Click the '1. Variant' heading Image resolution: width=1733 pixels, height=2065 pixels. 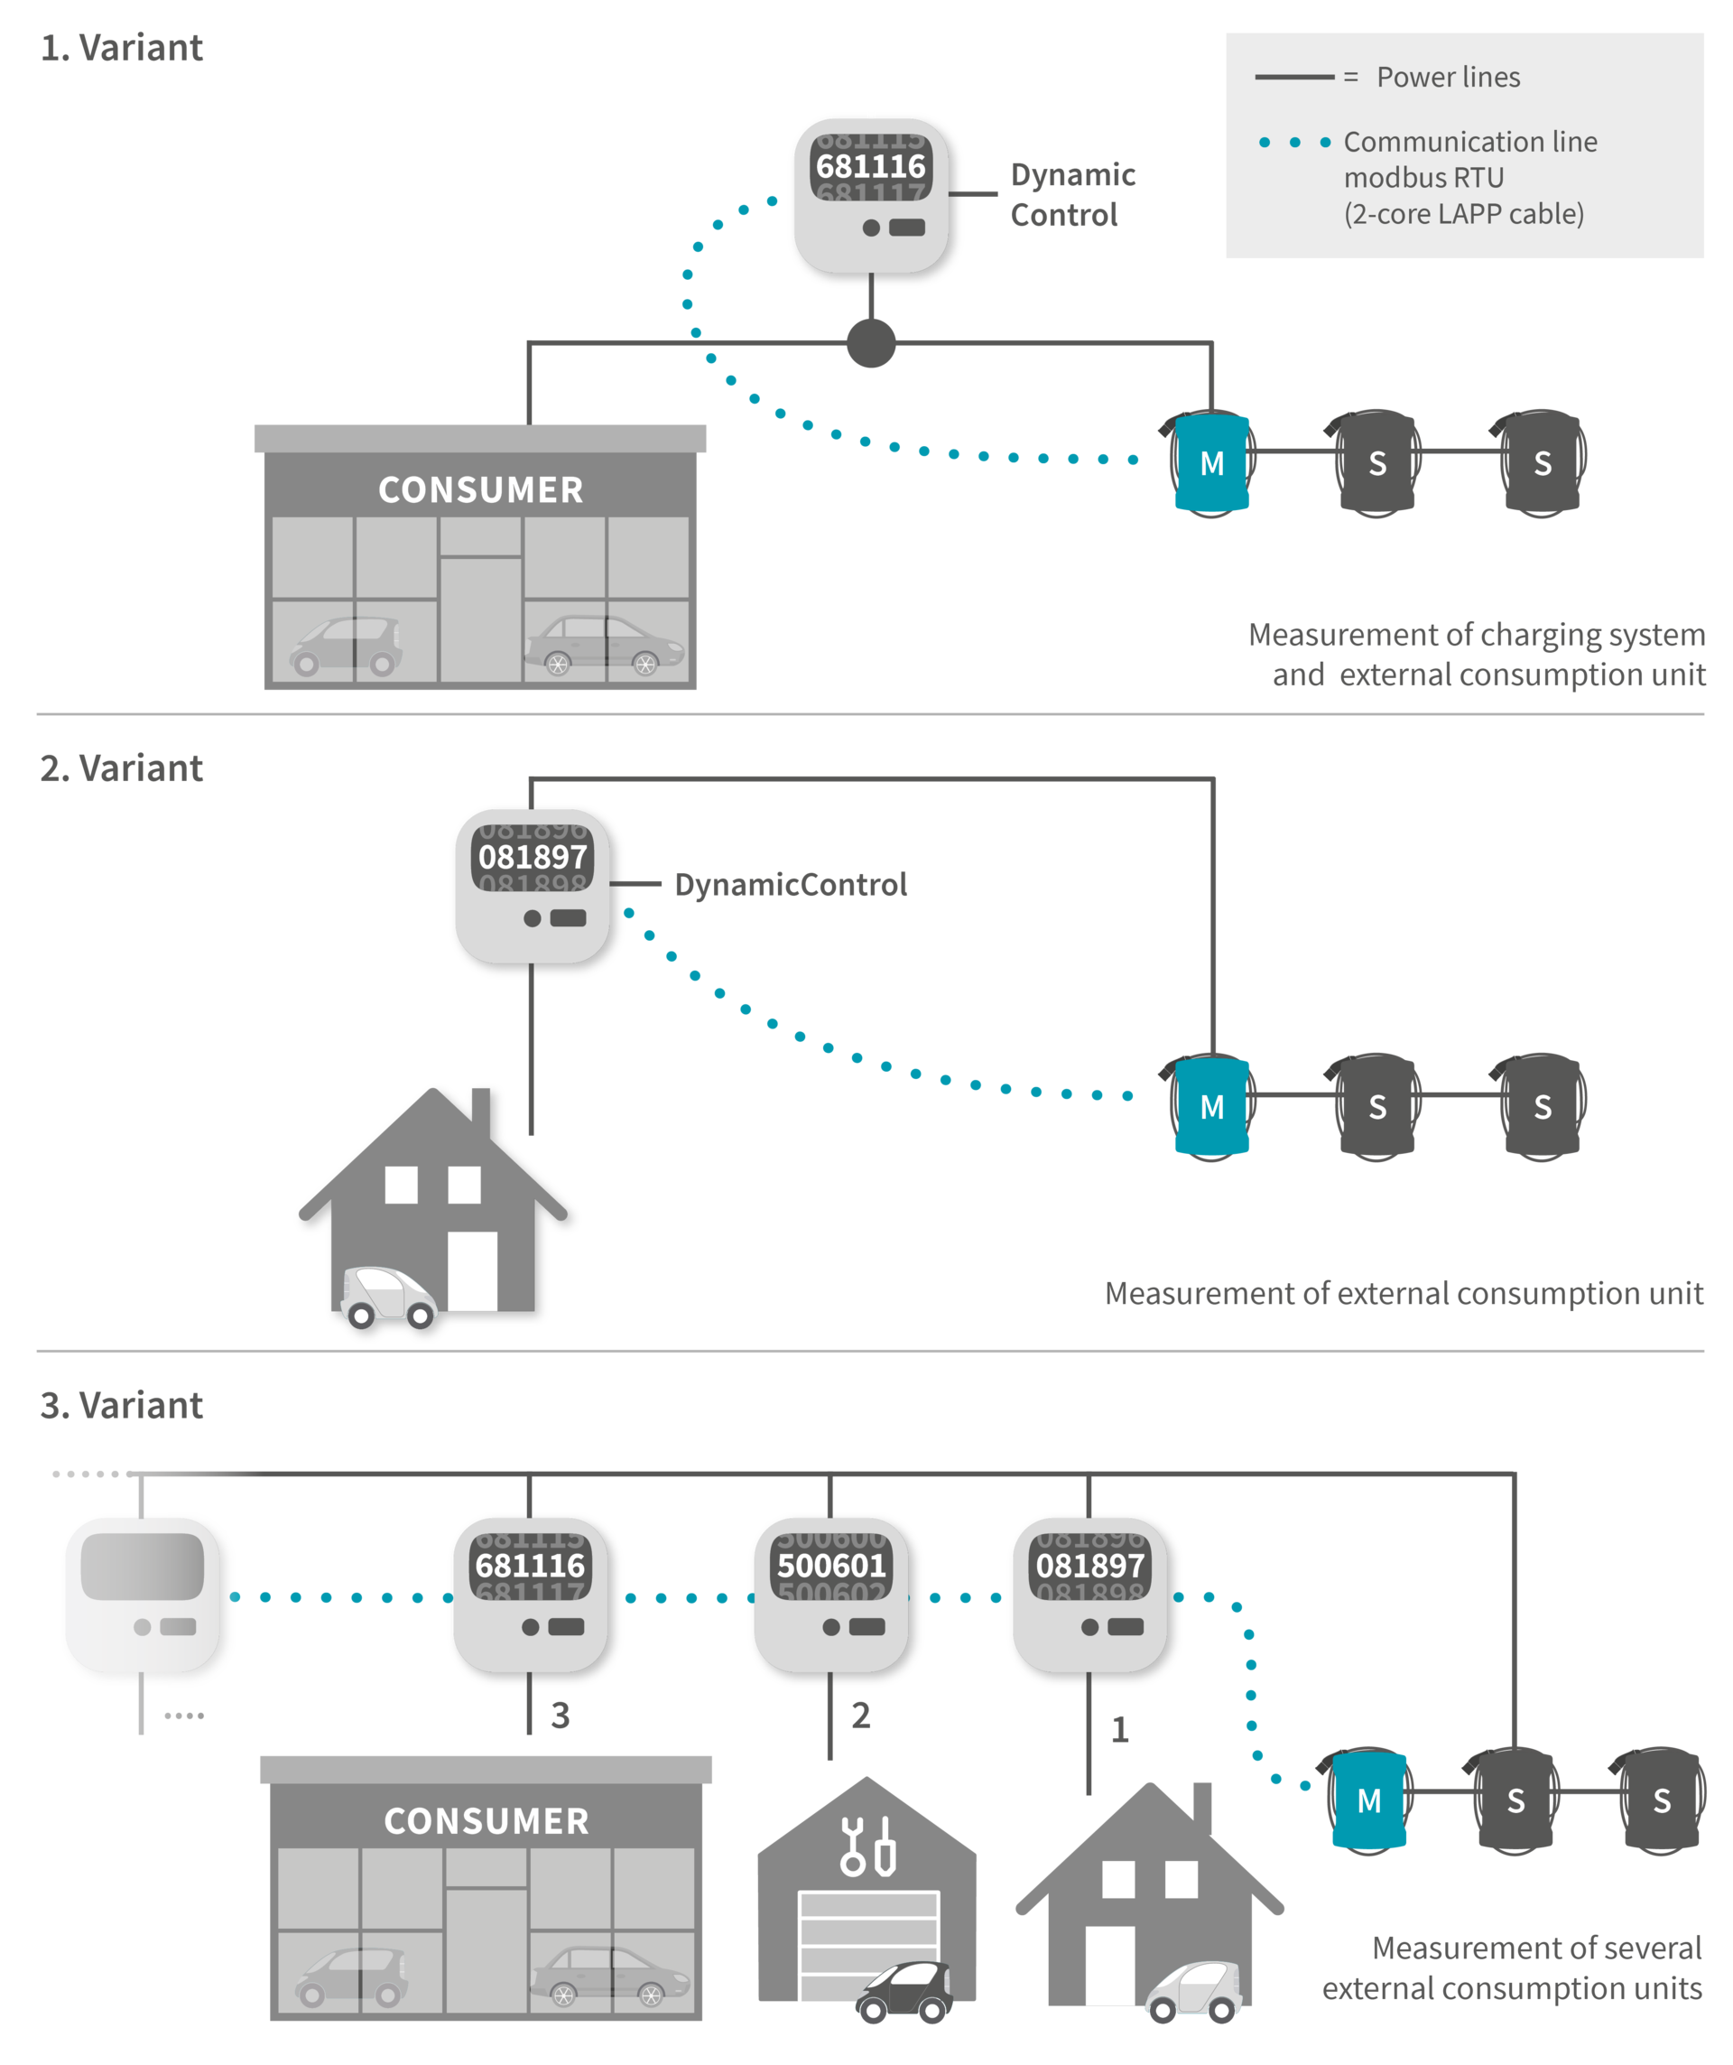(122, 48)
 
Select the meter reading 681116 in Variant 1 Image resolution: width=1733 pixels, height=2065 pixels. (871, 166)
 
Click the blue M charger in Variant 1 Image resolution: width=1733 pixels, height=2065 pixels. (1212, 463)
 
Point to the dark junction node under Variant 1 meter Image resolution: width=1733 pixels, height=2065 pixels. (871, 343)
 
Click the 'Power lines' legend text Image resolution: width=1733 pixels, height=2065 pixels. (1447, 77)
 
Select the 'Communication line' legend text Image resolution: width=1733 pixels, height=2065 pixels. (1469, 142)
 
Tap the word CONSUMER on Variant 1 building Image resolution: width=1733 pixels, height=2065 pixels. (481, 489)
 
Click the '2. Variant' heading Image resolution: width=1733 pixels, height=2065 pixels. (122, 768)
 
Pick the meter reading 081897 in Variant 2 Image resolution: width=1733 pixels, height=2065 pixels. (533, 858)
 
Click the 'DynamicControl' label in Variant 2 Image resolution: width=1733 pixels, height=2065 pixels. (791, 884)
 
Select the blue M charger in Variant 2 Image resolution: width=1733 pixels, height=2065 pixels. (1212, 1106)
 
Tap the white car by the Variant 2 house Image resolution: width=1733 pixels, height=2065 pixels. (388, 1296)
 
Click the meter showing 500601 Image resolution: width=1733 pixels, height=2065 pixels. (831, 1593)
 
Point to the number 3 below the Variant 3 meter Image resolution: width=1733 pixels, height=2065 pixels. (561, 1715)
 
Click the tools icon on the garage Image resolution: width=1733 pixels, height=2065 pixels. (868, 1846)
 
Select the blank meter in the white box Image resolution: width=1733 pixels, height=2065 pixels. (144, 1593)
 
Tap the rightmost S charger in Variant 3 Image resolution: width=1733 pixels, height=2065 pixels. (1661, 1800)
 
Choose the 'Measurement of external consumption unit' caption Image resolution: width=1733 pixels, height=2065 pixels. (1404, 1293)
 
